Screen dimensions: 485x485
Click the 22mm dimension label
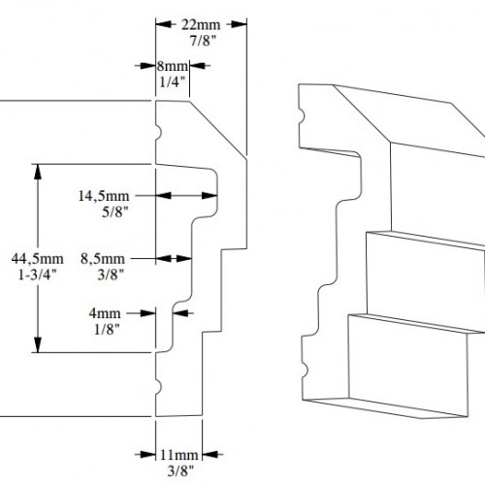coord(201,25)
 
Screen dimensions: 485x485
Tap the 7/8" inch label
coord(203,41)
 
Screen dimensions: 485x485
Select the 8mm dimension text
coord(173,66)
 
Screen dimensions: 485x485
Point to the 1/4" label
coord(173,82)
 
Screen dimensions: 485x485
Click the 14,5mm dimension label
coord(104,196)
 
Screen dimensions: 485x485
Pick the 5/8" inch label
coord(115,212)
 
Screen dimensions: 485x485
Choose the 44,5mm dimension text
coord(38,259)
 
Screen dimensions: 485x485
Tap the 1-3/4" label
coord(38,275)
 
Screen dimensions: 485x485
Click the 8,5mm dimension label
coord(103,259)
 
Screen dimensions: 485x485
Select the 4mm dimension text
coord(105,313)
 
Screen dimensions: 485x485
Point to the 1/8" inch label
coord(107,330)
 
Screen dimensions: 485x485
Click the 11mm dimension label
coord(179,455)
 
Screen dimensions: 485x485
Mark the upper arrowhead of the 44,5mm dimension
coord(38,172)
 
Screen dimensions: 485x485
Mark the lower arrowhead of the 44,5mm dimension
coord(38,345)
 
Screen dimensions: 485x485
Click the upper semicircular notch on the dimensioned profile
coord(158,133)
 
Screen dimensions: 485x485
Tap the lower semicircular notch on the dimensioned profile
coord(158,386)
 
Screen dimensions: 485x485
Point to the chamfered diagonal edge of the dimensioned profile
coord(217,130)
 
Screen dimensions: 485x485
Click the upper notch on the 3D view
coord(302,116)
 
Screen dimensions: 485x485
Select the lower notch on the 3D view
coord(305,371)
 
